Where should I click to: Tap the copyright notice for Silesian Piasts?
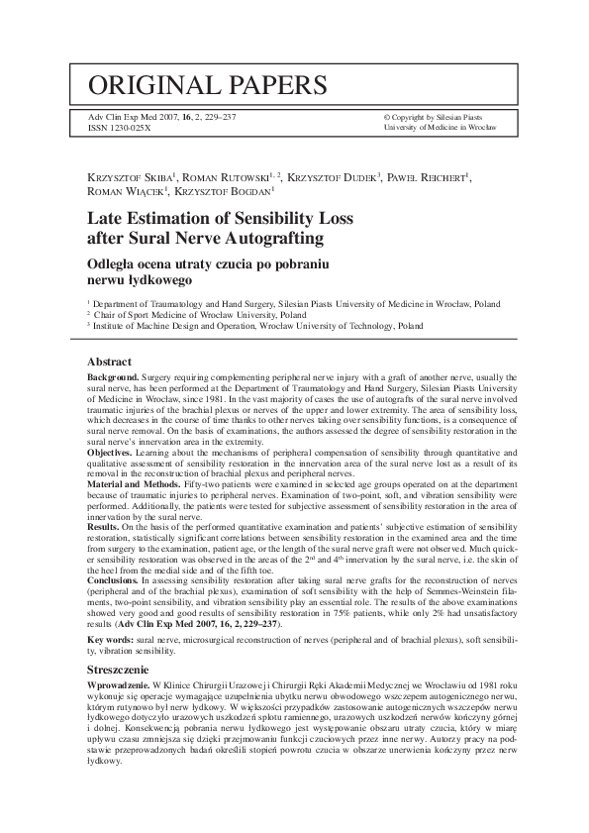click(439, 117)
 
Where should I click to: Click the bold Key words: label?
click(114, 642)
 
